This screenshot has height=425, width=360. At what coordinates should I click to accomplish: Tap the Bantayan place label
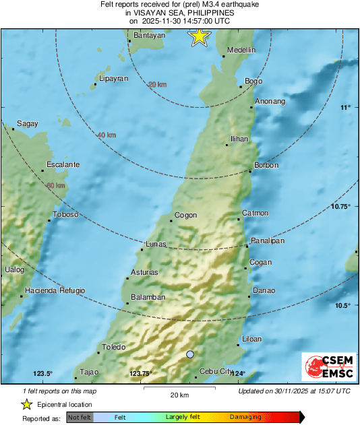150,35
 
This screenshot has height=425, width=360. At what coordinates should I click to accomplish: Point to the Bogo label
253,81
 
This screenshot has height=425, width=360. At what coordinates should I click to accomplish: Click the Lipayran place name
113,79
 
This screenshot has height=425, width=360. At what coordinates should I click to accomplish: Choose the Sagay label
27,123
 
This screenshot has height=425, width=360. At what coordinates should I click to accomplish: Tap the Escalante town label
63,164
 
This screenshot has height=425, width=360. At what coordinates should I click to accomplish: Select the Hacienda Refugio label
55,290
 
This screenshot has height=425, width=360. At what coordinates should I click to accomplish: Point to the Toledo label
114,348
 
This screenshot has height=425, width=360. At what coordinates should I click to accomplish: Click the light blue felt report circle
190,354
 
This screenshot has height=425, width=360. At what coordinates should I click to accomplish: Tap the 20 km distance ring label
158,84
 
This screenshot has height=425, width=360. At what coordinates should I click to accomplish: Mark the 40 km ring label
107,135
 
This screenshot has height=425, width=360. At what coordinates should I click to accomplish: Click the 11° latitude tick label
345,108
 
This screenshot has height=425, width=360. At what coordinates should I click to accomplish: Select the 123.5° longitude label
42,374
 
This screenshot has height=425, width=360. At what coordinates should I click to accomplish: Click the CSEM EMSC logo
326,366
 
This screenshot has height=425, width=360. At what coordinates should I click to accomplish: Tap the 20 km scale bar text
178,395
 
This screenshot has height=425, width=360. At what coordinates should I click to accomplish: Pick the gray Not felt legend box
79,418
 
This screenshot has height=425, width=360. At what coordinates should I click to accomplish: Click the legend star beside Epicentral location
26,404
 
